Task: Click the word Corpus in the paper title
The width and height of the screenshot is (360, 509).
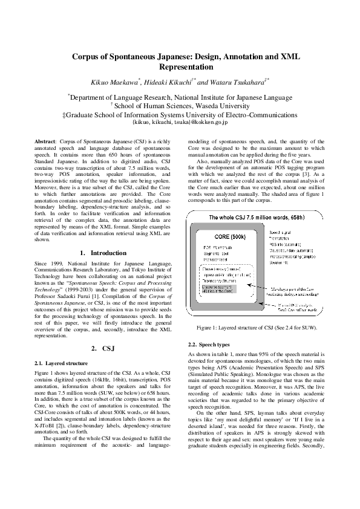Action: coord(90,56)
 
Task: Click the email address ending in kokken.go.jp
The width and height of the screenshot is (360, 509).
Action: coord(180,121)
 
